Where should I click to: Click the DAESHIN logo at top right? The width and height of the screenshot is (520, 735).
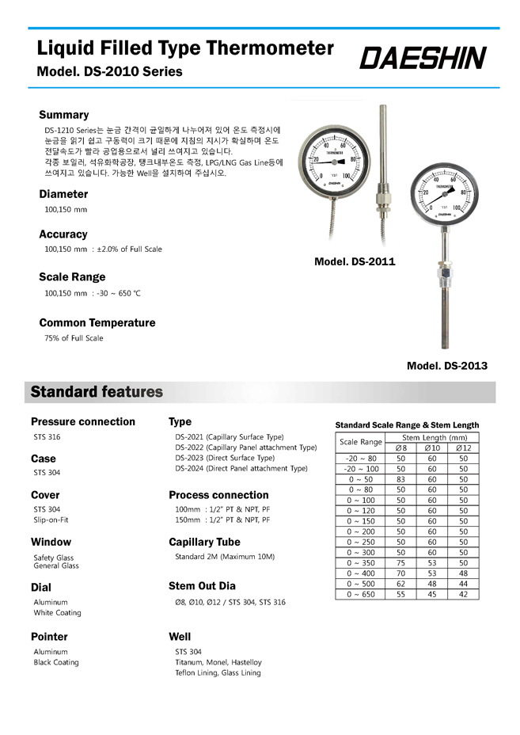coord(423,58)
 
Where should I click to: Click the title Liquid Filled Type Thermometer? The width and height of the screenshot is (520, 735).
coord(186,48)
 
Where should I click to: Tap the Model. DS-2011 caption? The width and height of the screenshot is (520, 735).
coord(355,261)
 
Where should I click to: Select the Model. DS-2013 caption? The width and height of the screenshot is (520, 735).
coord(446,366)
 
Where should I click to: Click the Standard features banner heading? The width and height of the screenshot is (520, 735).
coord(97,392)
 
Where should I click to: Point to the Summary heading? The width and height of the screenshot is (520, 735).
coord(64,115)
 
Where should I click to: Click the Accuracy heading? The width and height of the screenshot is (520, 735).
coord(63,234)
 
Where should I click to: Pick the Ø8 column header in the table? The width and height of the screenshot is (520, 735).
coord(400,448)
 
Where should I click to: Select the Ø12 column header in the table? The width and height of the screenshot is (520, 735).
coord(463,448)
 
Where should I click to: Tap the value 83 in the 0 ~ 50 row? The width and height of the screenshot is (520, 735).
coord(400,479)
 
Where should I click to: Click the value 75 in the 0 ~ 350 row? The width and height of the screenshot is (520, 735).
coord(400,562)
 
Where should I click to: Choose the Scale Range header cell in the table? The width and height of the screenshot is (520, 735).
coord(361,442)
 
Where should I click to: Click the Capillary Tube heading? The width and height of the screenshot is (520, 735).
coord(204,543)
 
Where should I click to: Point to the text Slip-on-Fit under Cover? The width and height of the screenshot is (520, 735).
coord(51,520)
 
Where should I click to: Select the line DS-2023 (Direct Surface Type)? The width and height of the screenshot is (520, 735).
coord(225,458)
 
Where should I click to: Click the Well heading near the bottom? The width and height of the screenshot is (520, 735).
coord(180,637)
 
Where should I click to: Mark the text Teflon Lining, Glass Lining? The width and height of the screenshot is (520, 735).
coord(218,672)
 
